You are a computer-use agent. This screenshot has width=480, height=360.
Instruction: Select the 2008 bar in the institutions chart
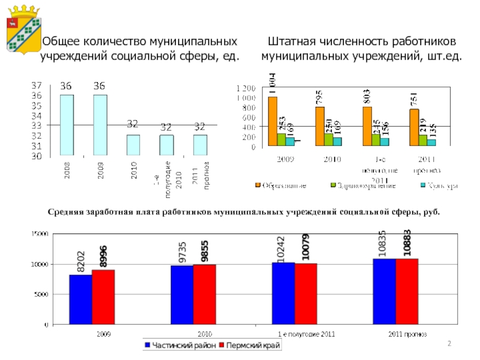pos(66,125)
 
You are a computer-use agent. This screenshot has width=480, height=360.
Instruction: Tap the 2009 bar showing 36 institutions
pos(100,125)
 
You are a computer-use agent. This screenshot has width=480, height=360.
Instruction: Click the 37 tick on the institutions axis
pos(37,85)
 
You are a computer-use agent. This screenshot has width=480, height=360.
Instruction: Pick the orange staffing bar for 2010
pos(320,127)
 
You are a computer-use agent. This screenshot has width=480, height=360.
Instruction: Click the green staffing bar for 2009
pos(281,139)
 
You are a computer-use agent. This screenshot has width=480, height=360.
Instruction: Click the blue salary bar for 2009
pos(80,299)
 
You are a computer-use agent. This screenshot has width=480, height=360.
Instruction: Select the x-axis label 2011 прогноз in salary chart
pos(406,333)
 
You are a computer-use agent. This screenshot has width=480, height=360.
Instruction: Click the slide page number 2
pos(449,343)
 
